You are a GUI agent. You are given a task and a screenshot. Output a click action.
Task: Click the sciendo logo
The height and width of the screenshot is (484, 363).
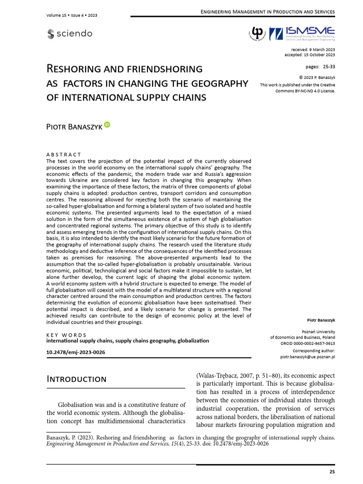pyautogui.click(x=69, y=34)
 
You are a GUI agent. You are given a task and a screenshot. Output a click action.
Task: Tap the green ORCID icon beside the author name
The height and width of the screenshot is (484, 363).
pyautogui.click(x=107, y=124)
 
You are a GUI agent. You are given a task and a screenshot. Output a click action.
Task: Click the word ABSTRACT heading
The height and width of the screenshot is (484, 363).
pyautogui.click(x=63, y=155)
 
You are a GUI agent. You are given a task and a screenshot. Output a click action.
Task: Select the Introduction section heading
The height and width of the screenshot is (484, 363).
pyautogui.click(x=76, y=379)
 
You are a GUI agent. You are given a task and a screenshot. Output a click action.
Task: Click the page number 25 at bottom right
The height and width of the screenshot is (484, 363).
pyautogui.click(x=332, y=472)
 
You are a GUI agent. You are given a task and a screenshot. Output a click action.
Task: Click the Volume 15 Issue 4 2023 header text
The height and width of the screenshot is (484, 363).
pyautogui.click(x=72, y=16)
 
